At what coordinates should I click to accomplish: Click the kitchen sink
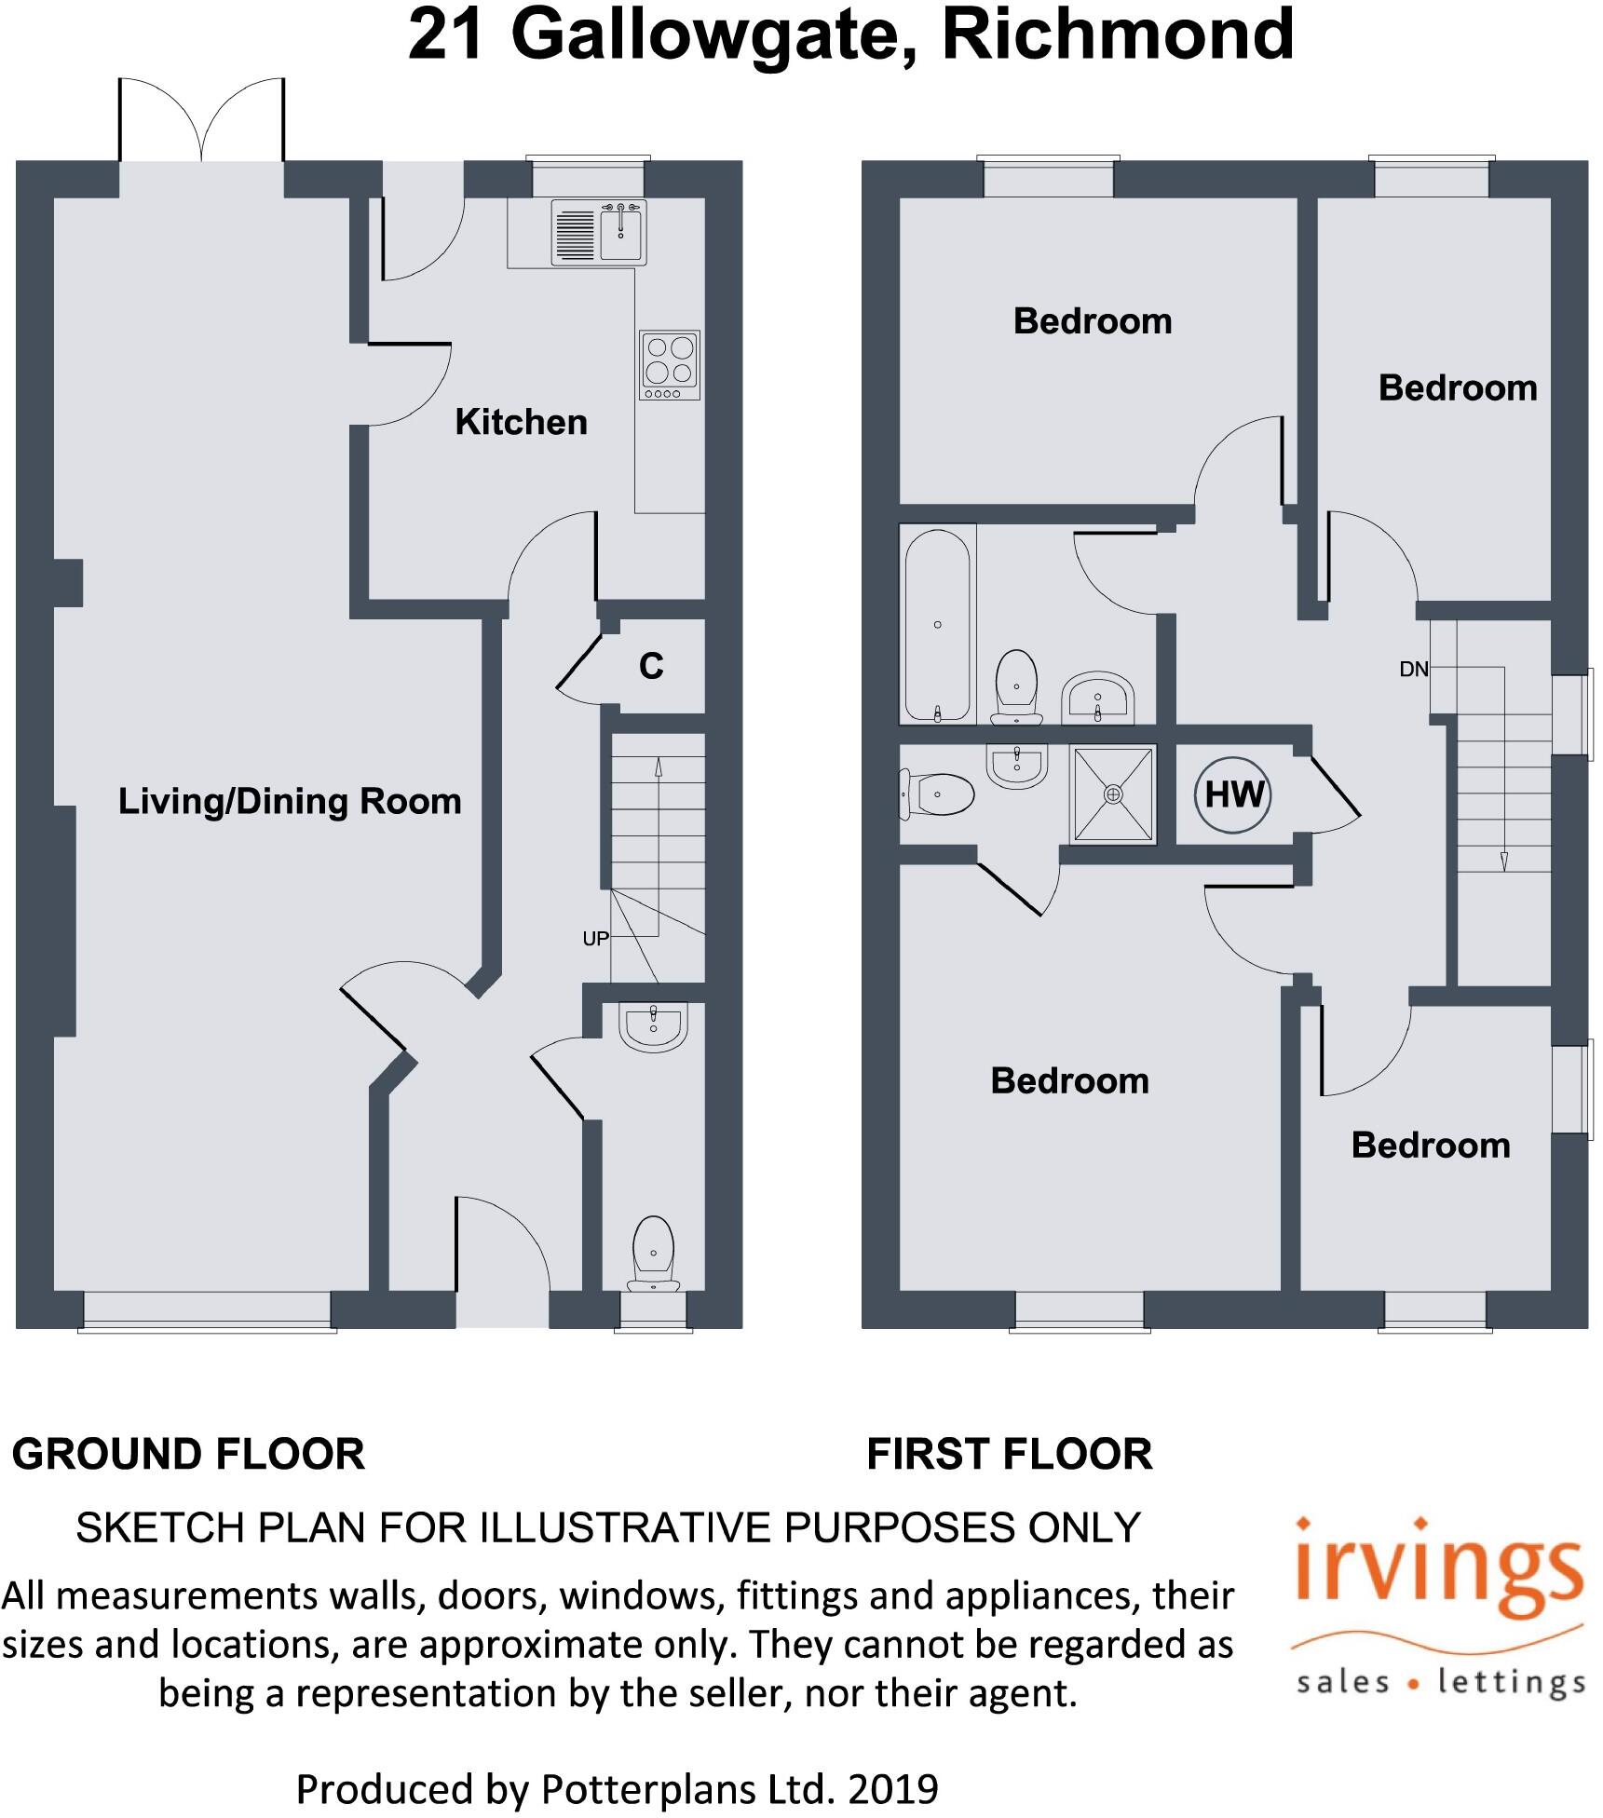tap(620, 233)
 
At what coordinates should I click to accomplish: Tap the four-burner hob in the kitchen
tap(670, 364)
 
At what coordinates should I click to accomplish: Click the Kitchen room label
tap(521, 422)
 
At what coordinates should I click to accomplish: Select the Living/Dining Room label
tap(290, 801)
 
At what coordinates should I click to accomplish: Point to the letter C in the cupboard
tap(651, 666)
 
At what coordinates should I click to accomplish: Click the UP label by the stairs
tap(595, 939)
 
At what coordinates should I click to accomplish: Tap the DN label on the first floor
tap(1414, 669)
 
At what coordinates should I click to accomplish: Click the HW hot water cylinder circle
tap(1233, 794)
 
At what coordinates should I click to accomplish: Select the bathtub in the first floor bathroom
tap(937, 624)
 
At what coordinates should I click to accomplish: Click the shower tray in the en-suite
tap(1113, 794)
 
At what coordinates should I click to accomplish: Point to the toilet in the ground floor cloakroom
tap(653, 1252)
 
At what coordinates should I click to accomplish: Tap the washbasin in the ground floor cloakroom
tap(653, 1026)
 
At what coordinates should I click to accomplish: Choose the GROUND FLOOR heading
tap(188, 1454)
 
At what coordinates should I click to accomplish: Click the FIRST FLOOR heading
tap(1010, 1454)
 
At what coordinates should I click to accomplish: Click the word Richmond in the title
tap(1117, 34)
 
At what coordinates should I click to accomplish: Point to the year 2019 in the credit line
tap(892, 1789)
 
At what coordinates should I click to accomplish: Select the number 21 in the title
tap(446, 34)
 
